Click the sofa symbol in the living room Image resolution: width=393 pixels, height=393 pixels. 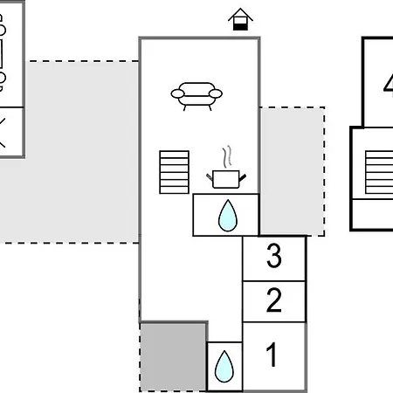(196, 96)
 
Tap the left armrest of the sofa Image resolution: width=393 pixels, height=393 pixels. (177, 93)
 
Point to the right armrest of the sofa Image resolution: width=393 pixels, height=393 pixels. (216, 93)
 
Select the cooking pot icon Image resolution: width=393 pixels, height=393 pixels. (226, 179)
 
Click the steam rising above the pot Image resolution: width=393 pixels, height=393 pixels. (227, 156)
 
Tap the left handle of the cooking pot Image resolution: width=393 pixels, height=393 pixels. (210, 176)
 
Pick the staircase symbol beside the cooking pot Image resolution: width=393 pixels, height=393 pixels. (175, 172)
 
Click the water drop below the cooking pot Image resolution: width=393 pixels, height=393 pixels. (228, 216)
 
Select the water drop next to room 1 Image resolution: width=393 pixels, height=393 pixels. (224, 367)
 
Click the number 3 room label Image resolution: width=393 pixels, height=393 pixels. (274, 256)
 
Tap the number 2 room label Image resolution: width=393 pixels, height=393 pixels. (274, 300)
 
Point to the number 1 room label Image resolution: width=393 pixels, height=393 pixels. (272, 355)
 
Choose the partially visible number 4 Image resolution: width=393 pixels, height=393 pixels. (389, 83)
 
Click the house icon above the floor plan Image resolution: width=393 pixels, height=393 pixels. (240, 19)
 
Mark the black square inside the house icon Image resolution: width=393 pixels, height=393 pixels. (240, 27)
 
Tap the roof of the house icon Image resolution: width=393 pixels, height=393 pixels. (240, 14)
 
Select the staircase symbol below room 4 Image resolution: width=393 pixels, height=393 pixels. (379, 172)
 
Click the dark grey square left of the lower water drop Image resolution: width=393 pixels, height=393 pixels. (174, 357)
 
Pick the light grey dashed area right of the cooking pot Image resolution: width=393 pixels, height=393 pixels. (292, 171)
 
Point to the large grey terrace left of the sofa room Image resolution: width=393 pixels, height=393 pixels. (69, 152)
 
